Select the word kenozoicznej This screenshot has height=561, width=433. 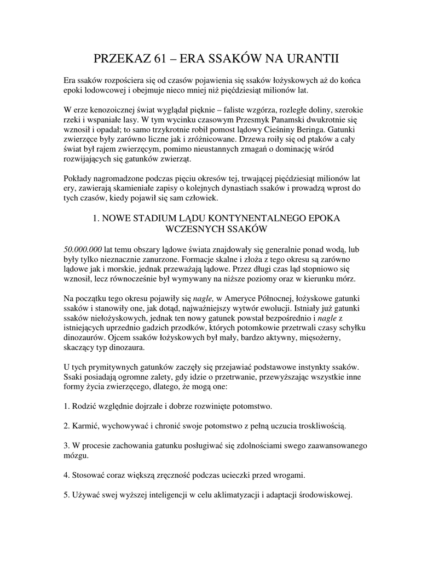pyautogui.click(x=109, y=110)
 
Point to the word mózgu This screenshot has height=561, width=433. pyautogui.click(x=76, y=456)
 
